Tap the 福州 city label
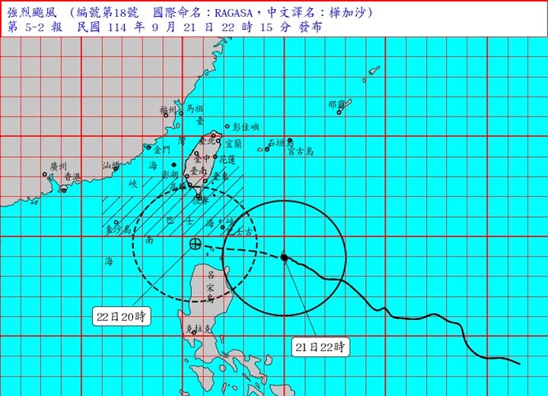pyautogui.click(x=168, y=110)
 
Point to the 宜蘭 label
pyautogui.click(x=234, y=142)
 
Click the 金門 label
pyautogui.click(x=161, y=152)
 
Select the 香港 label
pyautogui.click(x=72, y=177)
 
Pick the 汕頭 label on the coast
pyautogui.click(x=111, y=165)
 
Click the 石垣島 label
pyautogui.click(x=281, y=142)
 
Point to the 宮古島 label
pyautogui.click(x=301, y=151)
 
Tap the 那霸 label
pyautogui.click(x=336, y=104)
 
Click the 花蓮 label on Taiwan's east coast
pyautogui.click(x=227, y=160)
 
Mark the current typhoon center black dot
pyautogui.click(x=284, y=257)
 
